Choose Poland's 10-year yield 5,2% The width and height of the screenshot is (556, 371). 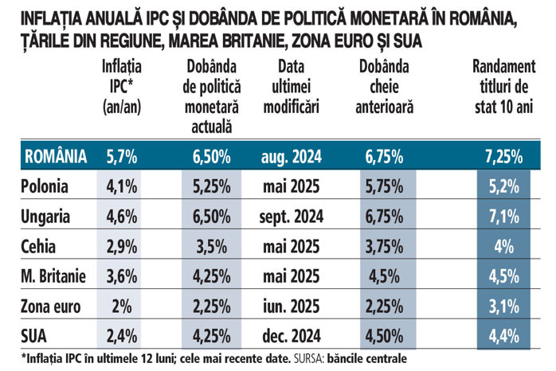pyautogui.click(x=503, y=187)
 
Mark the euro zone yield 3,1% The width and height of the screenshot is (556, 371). pyautogui.click(x=503, y=306)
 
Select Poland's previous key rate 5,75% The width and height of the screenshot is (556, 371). pyautogui.click(x=388, y=187)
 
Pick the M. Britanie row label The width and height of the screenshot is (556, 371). pyautogui.click(x=53, y=276)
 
